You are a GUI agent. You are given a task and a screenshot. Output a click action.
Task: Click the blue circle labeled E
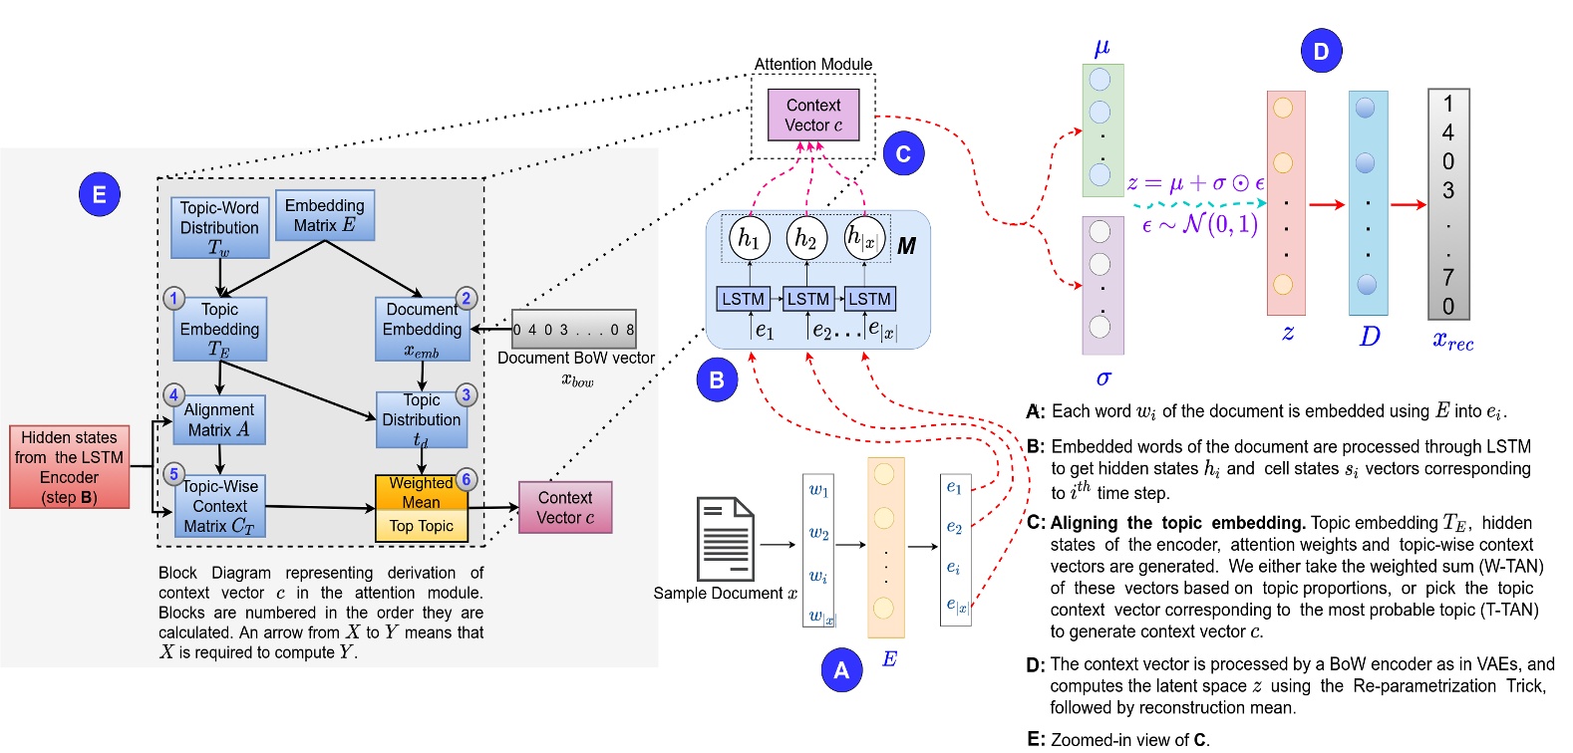pyautogui.click(x=99, y=194)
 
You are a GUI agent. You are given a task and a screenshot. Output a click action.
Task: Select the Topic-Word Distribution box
pyautogui.click(x=219, y=227)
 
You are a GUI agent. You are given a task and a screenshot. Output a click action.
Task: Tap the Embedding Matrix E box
pyautogui.click(x=325, y=216)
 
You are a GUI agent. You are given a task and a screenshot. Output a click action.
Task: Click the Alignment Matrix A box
pyautogui.click(x=219, y=419)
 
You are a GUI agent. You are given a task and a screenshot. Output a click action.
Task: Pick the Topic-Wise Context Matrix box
pyautogui.click(x=219, y=506)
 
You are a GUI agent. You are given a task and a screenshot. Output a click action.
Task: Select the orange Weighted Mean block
pyautogui.click(x=421, y=492)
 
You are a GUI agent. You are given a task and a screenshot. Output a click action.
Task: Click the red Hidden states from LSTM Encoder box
pyautogui.click(x=70, y=466)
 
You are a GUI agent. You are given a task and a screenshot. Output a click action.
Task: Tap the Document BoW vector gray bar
pyautogui.click(x=573, y=329)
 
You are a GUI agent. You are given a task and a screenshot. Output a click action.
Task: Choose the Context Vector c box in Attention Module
pyautogui.click(x=813, y=115)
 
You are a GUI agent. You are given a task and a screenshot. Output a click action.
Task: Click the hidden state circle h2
pyautogui.click(x=806, y=238)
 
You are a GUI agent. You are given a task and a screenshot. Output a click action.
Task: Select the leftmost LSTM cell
pyautogui.click(x=743, y=299)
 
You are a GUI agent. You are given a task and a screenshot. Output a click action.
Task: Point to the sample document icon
pyautogui.click(x=726, y=539)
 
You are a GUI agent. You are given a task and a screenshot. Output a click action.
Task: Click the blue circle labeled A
pyautogui.click(x=841, y=670)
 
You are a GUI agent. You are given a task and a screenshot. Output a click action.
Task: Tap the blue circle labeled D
pyautogui.click(x=1321, y=51)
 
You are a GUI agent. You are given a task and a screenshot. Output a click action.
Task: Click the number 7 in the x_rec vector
pyautogui.click(x=1448, y=277)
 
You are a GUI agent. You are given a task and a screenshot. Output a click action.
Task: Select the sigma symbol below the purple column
pyautogui.click(x=1102, y=378)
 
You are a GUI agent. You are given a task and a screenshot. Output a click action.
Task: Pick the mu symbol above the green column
pyautogui.click(x=1101, y=47)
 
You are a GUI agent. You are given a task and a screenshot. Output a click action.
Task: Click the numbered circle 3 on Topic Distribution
pyautogui.click(x=466, y=394)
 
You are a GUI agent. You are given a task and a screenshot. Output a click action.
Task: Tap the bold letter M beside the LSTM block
pyautogui.click(x=906, y=246)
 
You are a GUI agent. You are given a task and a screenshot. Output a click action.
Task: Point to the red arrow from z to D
pyautogui.click(x=1327, y=205)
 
